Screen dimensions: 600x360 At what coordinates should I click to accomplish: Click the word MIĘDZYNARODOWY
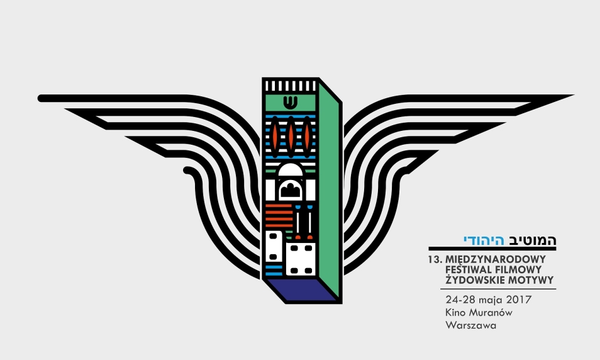pos(496,259)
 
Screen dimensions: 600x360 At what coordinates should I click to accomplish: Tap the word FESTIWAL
pos(469,269)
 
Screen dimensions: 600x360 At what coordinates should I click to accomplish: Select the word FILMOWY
pos(518,269)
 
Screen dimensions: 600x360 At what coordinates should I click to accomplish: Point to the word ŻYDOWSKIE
pos(475,279)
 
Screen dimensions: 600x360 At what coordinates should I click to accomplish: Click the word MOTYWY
pos(531,280)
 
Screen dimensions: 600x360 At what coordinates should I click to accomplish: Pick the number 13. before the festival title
pos(435,259)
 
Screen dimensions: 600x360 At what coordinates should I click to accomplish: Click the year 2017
pos(519,299)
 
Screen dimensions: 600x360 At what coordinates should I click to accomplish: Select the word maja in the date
pos(489,300)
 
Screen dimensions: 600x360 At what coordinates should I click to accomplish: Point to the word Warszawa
pos(470,325)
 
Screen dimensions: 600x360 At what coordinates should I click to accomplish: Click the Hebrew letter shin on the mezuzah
pos(291,102)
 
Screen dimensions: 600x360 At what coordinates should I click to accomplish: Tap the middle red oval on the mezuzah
pos(291,137)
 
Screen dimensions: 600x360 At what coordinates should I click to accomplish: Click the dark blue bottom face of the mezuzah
pos(301,290)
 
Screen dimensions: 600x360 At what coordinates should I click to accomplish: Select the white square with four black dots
pos(301,259)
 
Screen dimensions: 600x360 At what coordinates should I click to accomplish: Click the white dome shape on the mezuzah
pos(290,170)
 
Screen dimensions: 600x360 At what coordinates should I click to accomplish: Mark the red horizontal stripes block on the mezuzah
pos(279,216)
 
